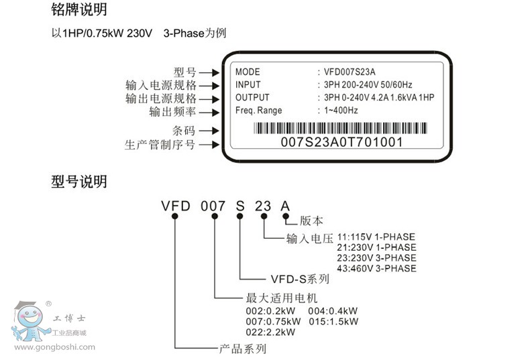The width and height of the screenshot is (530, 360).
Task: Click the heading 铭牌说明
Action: pyautogui.click(x=78, y=10)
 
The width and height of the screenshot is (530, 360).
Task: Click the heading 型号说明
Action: pyautogui.click(x=78, y=181)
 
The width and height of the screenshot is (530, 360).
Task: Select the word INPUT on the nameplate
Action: pyautogui.click(x=249, y=85)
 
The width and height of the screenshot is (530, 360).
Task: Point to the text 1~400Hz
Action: pyautogui.click(x=341, y=111)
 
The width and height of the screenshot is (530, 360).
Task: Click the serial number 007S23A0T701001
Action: pyautogui.click(x=341, y=142)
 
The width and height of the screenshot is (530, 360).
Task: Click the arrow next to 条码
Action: pyautogui.click(x=209, y=131)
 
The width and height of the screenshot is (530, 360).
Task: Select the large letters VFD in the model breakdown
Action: pyautogui.click(x=176, y=206)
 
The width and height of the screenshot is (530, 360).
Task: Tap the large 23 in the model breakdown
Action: pyautogui.click(x=264, y=206)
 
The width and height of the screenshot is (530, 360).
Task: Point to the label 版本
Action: pyautogui.click(x=311, y=220)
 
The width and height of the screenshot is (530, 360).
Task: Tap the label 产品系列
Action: pyautogui.click(x=243, y=349)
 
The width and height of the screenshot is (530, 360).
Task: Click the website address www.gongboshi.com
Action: pyautogui.click(x=54, y=347)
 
